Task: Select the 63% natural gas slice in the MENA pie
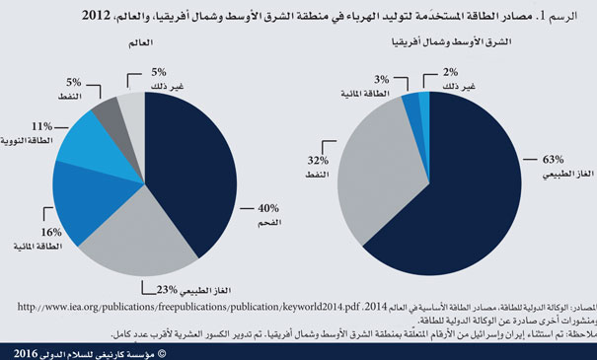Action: pos(464,197)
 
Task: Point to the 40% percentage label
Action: pos(268,208)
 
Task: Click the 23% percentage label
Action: pos(167,288)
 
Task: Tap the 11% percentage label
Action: pos(40,126)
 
